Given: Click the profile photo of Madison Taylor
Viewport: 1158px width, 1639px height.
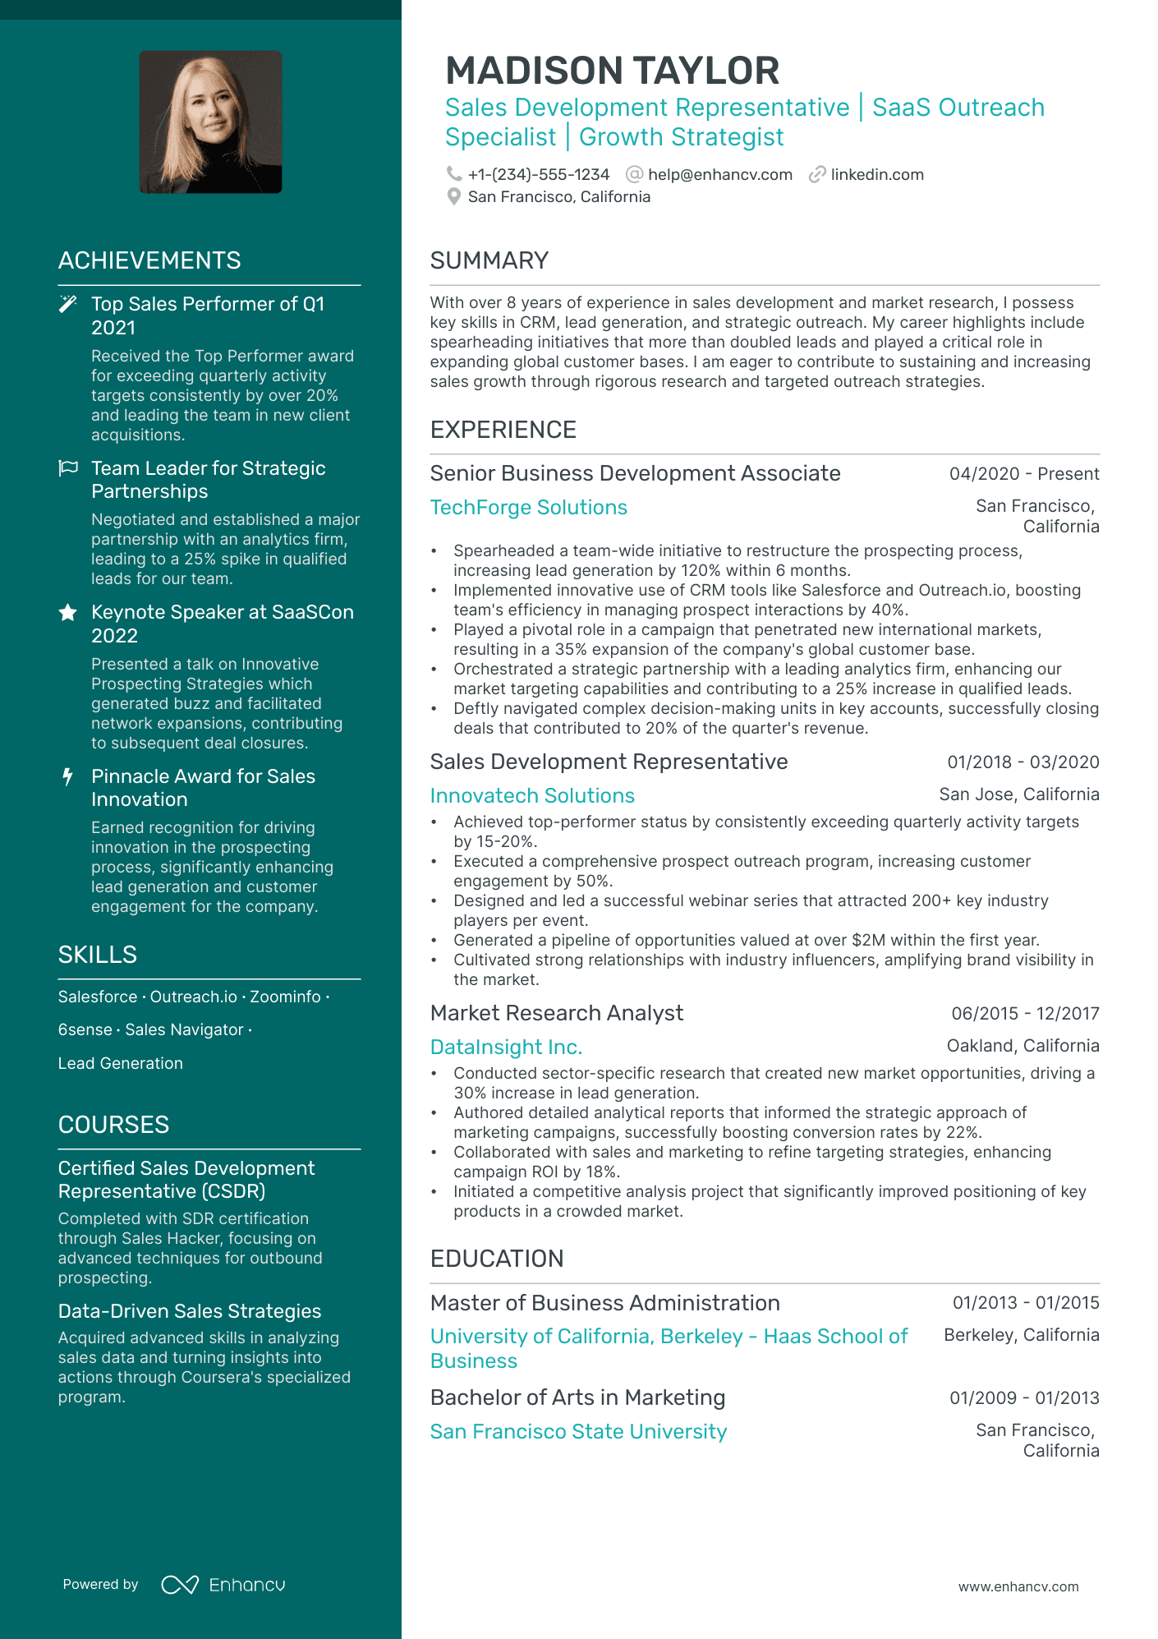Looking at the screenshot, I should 210,122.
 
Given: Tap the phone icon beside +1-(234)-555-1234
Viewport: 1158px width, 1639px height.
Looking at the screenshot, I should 453,174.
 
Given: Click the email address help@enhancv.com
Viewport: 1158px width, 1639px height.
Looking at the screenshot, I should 719,174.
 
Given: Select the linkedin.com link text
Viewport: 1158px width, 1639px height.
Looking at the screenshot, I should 876,174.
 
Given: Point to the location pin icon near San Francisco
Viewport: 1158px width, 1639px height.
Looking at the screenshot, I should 453,196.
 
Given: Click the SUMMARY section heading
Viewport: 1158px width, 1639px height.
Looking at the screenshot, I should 489,260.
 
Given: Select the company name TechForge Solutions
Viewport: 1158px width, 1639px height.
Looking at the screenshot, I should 528,507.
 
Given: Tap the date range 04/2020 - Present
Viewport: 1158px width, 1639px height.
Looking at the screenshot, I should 1023,473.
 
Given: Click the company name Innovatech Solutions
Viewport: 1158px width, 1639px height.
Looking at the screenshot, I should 532,795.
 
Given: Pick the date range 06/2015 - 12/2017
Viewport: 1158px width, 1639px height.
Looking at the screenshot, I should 1024,1013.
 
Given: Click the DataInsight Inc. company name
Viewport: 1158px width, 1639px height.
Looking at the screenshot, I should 506,1047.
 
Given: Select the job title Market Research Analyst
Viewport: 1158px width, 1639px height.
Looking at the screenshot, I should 556,1013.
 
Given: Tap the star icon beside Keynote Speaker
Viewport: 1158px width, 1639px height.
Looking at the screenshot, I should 68,612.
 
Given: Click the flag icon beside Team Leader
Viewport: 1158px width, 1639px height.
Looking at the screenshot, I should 68,468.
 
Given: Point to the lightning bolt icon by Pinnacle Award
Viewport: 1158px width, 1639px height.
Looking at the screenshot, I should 68,776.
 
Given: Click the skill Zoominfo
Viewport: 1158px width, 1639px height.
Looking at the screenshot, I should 285,997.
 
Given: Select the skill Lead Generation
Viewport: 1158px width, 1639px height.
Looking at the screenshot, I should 120,1063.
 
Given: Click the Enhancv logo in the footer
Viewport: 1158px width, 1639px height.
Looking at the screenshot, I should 223,1584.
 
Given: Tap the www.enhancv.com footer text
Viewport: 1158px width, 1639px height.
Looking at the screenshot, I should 1018,1586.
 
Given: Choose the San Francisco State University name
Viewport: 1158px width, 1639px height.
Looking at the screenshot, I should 578,1431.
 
